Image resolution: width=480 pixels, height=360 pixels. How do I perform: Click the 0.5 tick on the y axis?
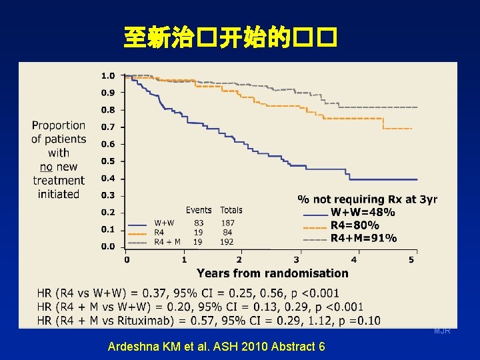point(108,161)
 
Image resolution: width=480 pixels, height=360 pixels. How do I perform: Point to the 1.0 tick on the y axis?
point(108,75)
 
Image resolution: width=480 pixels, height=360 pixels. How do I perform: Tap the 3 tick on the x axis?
point(297,259)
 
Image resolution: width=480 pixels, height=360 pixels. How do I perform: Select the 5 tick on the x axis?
point(411,259)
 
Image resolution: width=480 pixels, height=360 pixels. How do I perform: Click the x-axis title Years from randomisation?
point(272,273)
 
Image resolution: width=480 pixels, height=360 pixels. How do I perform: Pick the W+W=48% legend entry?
point(363,213)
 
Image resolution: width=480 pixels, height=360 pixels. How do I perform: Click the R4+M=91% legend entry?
point(363,238)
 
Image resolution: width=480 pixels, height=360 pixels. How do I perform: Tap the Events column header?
point(199,211)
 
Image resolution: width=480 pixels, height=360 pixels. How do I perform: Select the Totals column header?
point(231,211)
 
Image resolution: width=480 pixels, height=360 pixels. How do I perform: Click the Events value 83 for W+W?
point(199,223)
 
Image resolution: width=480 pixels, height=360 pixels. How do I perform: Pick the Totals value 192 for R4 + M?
point(227,242)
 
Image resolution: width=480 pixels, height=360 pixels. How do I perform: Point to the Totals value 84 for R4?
point(228,233)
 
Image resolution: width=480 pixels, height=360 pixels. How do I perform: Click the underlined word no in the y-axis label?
point(47,167)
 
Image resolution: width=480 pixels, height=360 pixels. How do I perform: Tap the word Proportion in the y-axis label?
point(59,125)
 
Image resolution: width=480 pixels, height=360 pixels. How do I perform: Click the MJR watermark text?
point(442,331)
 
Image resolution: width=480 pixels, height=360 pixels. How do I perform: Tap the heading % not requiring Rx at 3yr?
point(367,199)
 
